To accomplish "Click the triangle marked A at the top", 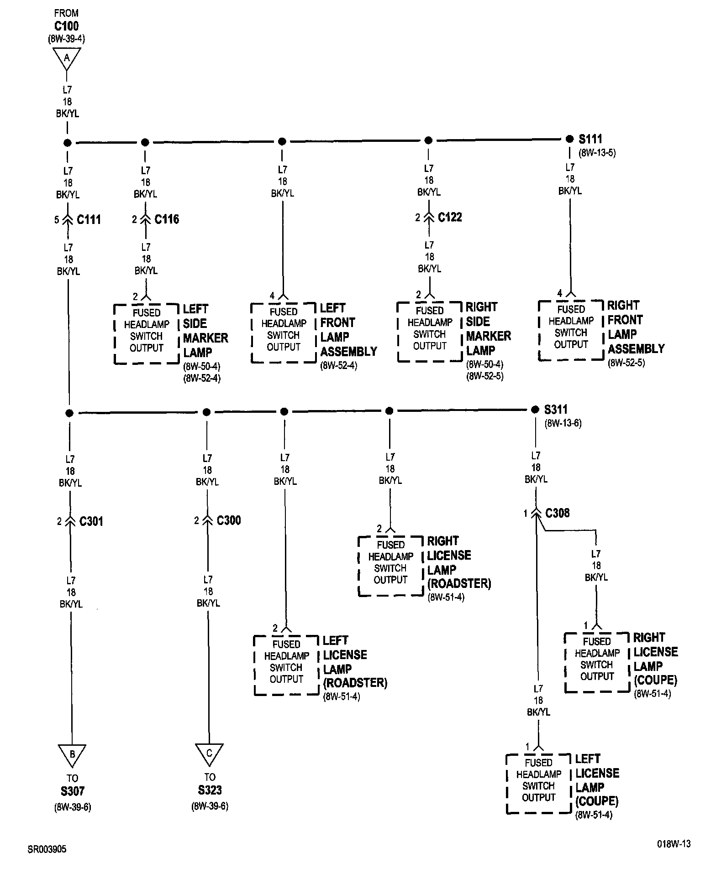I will point(67,57).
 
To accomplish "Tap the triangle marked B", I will point(72,754).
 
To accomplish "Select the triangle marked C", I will point(209,753).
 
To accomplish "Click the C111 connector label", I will point(89,220).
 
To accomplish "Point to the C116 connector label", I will point(167,219).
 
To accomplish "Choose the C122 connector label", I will point(450,218).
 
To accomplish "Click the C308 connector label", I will point(558,513).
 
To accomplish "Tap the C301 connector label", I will point(91,521).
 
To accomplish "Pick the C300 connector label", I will point(229,520).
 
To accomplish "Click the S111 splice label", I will point(590,139).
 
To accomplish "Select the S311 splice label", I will point(556,410).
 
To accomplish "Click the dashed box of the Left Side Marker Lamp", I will point(146,333).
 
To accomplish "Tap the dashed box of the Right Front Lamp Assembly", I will point(571,330).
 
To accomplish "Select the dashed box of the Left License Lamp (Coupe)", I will point(539,783).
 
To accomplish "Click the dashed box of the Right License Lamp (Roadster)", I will point(390,566).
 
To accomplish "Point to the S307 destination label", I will point(72,791).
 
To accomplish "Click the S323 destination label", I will point(210,790).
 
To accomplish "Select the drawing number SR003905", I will point(47,849).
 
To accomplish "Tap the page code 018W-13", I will point(674,844).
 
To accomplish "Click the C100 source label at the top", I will point(67,26).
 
